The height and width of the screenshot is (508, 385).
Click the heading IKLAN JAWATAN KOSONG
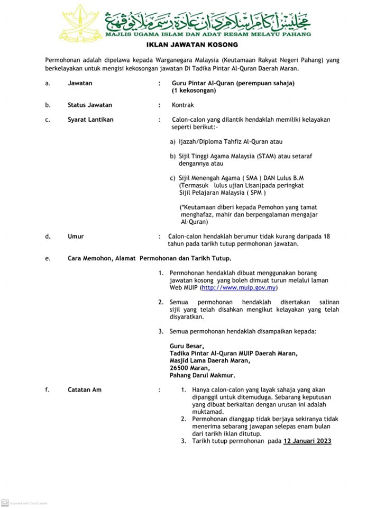pyautogui.click(x=192, y=45)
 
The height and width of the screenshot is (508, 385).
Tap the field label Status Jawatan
pyautogui.click(x=90, y=105)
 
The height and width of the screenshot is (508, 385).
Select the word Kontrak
pyautogui.click(x=183, y=105)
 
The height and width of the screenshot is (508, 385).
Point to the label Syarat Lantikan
pyautogui.click(x=90, y=120)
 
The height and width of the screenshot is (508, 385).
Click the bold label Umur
pyautogui.click(x=76, y=237)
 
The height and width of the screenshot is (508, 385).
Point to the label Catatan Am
pyautogui.click(x=85, y=389)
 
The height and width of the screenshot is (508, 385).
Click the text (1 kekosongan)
pyautogui.click(x=194, y=90)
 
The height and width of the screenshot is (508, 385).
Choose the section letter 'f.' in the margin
pyautogui.click(x=47, y=389)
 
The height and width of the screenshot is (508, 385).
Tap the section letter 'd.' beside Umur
pyautogui.click(x=48, y=237)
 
